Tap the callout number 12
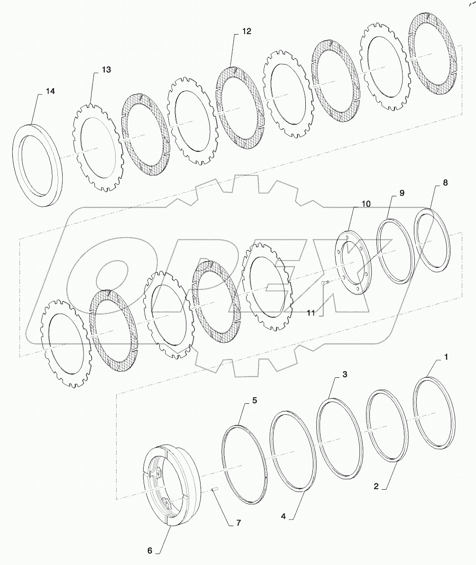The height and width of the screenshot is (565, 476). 246,31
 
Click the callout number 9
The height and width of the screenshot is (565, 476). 401,193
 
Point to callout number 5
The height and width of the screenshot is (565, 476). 255,401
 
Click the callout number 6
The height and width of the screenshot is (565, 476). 150,550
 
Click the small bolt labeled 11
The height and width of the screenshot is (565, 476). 325,283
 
